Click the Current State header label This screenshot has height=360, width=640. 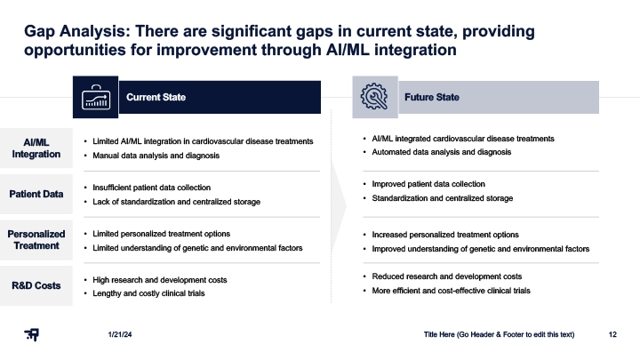pyautogui.click(x=156, y=97)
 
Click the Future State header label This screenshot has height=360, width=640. pyautogui.click(x=432, y=97)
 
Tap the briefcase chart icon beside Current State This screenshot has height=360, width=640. pyautogui.click(x=96, y=97)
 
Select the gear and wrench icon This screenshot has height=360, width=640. pyautogui.click(x=374, y=96)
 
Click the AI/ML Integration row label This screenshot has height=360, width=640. pyautogui.click(x=36, y=148)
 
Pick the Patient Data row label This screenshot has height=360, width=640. pyautogui.click(x=36, y=194)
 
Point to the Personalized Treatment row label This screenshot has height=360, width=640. pyautogui.click(x=36, y=240)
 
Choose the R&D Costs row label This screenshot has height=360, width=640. pyautogui.click(x=36, y=285)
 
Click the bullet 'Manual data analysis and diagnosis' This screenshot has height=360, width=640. pyautogui.click(x=156, y=156)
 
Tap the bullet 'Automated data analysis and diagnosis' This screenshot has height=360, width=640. pyautogui.click(x=441, y=152)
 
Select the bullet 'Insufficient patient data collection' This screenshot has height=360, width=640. pyautogui.click(x=151, y=188)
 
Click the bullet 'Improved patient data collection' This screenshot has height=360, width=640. pyautogui.click(x=428, y=184)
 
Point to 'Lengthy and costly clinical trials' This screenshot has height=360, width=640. pyautogui.click(x=148, y=293)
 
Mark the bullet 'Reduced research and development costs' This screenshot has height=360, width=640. pyautogui.click(x=446, y=276)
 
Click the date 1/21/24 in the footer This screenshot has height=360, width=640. pyautogui.click(x=120, y=335)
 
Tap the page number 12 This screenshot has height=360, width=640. pyautogui.click(x=612, y=335)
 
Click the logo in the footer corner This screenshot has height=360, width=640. pyautogui.click(x=31, y=335)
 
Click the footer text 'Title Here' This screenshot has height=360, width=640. pyautogui.click(x=439, y=335)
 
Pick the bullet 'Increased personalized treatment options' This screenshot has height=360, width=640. pyautogui.click(x=445, y=235)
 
